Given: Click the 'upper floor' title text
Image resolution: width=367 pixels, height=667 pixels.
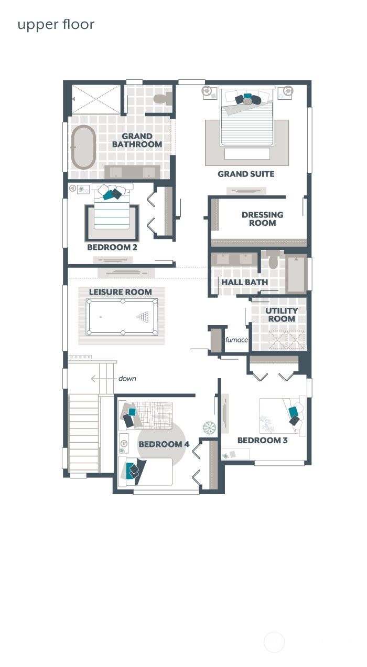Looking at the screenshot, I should pyautogui.click(x=56, y=25).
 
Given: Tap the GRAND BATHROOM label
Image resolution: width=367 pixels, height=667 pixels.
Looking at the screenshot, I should pyautogui.click(x=137, y=140).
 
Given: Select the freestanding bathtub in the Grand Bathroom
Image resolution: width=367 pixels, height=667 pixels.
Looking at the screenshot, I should pyautogui.click(x=83, y=147).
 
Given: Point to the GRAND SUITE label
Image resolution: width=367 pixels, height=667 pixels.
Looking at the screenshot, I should pyautogui.click(x=246, y=174).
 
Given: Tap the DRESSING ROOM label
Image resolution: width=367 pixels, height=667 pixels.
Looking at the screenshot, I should pyautogui.click(x=262, y=218).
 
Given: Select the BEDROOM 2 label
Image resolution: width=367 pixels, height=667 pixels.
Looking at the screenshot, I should pyautogui.click(x=112, y=247).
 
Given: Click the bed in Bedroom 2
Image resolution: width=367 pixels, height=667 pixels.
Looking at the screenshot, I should pyautogui.click(x=112, y=210).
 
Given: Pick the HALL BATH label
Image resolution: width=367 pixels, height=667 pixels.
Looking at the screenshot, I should pyautogui.click(x=244, y=282).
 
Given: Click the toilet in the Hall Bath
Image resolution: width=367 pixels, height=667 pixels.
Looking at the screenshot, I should pyautogui.click(x=273, y=262).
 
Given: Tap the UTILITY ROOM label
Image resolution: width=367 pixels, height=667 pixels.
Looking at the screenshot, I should pyautogui.click(x=282, y=315).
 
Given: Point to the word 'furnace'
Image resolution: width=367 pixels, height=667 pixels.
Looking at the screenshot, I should pyautogui.click(x=236, y=340).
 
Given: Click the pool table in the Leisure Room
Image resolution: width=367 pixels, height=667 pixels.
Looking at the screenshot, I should pyautogui.click(x=122, y=317).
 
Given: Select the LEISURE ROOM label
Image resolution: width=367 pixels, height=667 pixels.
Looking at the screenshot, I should pyautogui.click(x=120, y=292).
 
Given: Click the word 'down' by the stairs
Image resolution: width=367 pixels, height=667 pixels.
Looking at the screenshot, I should pyautogui.click(x=127, y=378).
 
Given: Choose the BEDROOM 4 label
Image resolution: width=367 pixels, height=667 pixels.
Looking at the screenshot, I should pyautogui.click(x=164, y=444).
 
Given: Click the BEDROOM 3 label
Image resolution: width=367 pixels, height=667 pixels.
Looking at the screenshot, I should pyautogui.click(x=262, y=440).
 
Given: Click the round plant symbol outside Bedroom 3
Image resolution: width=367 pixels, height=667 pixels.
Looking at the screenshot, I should pyautogui.click(x=209, y=428).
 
